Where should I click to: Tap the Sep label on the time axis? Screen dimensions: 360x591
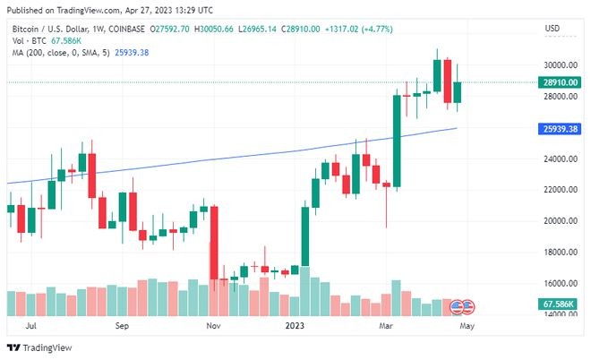pos(123,328)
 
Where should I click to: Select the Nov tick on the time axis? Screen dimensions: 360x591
pos(212,328)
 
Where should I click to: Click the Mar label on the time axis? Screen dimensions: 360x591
pos(386,328)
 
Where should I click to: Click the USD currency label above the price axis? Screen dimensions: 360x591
pos(552,29)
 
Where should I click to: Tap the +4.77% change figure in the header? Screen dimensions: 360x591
pos(400,29)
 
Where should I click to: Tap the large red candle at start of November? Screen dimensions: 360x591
pos(214,243)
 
